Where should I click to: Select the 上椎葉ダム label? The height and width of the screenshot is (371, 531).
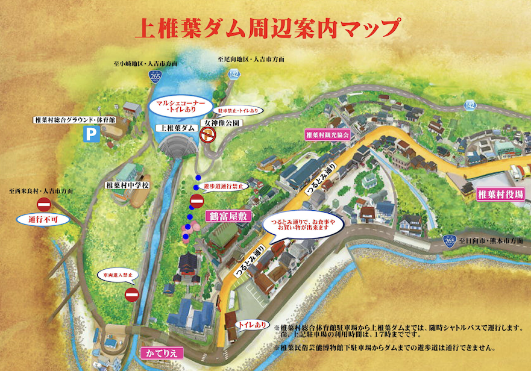(175, 128)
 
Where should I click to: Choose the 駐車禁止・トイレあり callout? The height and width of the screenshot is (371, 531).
(239, 111)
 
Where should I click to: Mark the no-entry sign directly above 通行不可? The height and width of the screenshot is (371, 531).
(44, 204)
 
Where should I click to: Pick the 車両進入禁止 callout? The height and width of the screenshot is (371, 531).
(118, 275)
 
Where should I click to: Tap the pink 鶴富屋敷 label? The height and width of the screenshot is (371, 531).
(227, 215)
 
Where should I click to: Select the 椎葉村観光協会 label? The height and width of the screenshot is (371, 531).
(328, 135)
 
